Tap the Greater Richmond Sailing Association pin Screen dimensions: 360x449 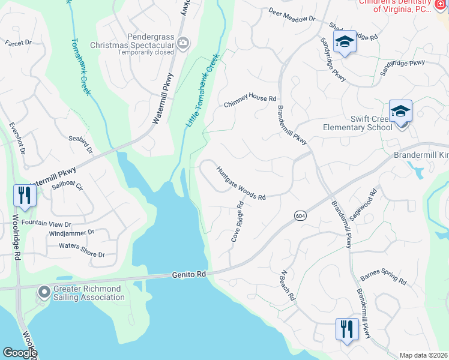point(44,292)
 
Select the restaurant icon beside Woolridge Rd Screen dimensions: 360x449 point(25,195)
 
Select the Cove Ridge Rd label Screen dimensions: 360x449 point(238,222)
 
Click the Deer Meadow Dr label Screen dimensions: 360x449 point(292,15)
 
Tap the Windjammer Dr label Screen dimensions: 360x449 point(72,232)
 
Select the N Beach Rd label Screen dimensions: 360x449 point(288,285)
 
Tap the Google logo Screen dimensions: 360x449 point(19,353)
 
